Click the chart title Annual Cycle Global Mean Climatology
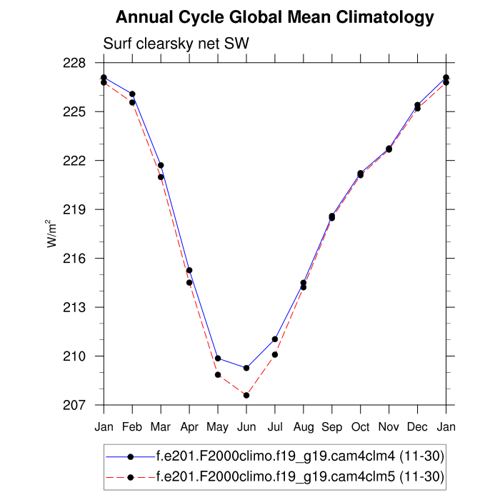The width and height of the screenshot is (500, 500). coord(274,17)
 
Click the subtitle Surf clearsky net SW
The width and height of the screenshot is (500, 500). coord(176,44)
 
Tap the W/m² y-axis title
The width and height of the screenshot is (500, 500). coord(54,234)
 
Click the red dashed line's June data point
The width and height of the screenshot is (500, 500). coord(246,395)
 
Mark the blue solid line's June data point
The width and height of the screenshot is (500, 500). coord(246,368)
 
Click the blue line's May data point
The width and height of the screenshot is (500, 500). coord(218,358)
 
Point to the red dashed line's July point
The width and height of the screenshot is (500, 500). coord(275,354)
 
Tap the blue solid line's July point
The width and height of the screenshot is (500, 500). coord(275,339)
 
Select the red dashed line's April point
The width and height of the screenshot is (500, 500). coord(189,282)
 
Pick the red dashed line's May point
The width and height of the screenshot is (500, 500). coord(218,374)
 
